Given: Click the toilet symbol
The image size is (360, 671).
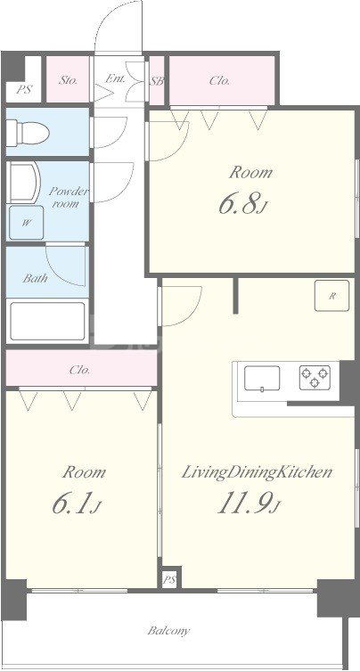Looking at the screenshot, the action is pyautogui.click(x=28, y=132).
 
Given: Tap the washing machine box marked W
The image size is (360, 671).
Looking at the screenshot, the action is pyautogui.click(x=27, y=223).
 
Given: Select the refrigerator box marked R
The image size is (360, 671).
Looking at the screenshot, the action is pyautogui.click(x=331, y=296).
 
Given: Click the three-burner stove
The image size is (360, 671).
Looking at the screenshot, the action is pyautogui.click(x=315, y=377).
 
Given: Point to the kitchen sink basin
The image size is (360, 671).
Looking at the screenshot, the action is pyautogui.click(x=262, y=378).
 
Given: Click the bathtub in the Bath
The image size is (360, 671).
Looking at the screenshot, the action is pyautogui.click(x=47, y=322).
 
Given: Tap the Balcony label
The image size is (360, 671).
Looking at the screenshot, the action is pyautogui.click(x=169, y=630).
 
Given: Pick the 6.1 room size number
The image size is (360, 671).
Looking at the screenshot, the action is pyautogui.click(x=77, y=504).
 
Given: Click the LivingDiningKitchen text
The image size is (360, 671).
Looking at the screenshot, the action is pyautogui.click(x=258, y=473).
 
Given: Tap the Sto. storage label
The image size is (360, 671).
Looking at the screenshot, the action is pyautogui.click(x=69, y=80).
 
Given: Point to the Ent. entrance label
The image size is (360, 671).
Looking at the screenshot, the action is pyautogui.click(x=115, y=78).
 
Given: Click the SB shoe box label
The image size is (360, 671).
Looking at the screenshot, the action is pyautogui.click(x=157, y=80).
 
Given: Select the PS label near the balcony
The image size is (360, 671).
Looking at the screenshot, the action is pyautogui.click(x=170, y=580).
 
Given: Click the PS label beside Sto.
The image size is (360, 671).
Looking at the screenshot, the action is pyautogui.click(x=24, y=90).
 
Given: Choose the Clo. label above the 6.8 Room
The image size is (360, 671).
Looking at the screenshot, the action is pyautogui.click(x=220, y=80).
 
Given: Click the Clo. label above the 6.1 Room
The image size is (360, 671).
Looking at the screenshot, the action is pyautogui.click(x=80, y=370).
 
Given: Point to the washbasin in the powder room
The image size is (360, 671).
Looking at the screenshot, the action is pyautogui.click(x=23, y=183).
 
